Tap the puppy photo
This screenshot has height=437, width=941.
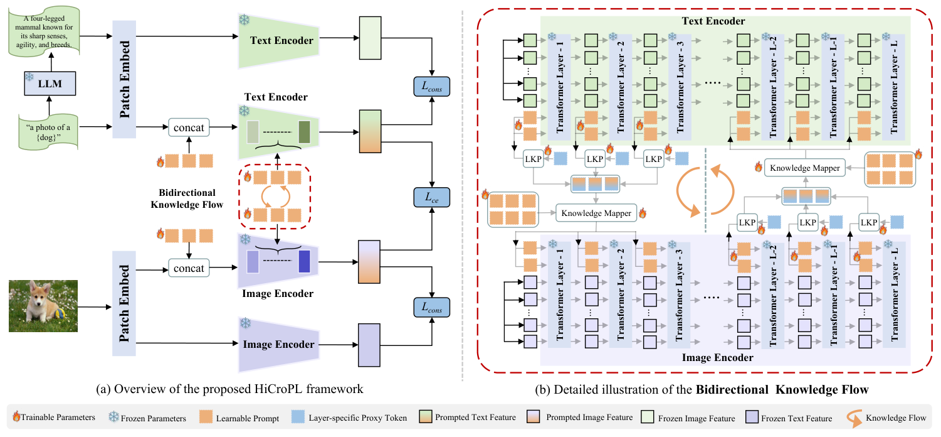[x=43, y=306]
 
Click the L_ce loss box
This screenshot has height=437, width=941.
[x=431, y=198]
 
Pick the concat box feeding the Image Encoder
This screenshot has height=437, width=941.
[x=189, y=268]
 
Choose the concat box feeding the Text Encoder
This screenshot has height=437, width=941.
[x=189, y=128]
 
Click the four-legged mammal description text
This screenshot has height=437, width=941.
[x=48, y=30]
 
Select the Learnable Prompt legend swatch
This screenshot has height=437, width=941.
[x=206, y=418]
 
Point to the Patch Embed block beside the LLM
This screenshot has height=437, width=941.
[x=124, y=78]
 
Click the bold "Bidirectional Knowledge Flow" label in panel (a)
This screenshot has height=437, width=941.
[x=187, y=198]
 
